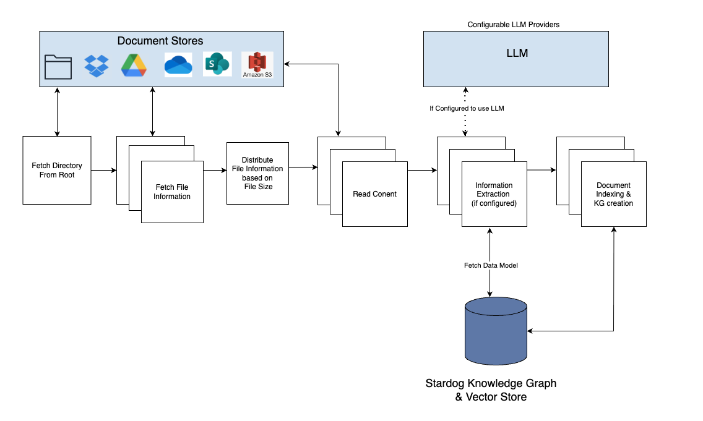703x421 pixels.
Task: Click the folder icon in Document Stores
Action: click(58, 66)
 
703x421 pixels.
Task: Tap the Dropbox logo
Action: click(97, 66)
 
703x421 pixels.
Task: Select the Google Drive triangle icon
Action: click(133, 66)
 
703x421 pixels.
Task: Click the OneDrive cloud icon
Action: click(178, 64)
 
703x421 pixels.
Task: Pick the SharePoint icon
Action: click(217, 64)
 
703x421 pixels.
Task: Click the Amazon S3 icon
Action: click(257, 65)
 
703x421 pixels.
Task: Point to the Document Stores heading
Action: click(160, 41)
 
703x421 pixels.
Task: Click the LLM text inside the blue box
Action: click(517, 53)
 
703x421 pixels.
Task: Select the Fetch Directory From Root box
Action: click(57, 170)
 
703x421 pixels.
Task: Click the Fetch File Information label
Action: click(172, 192)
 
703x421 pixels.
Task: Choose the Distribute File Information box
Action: click(257, 173)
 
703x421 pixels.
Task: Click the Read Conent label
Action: click(374, 193)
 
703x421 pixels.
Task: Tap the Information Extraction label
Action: click(494, 194)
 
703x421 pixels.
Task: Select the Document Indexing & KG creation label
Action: click(613, 194)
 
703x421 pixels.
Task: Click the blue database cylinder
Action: click(496, 331)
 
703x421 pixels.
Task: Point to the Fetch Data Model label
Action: click(490, 265)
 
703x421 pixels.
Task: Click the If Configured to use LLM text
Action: click(467, 108)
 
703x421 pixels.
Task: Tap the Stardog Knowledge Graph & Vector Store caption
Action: click(491, 390)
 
